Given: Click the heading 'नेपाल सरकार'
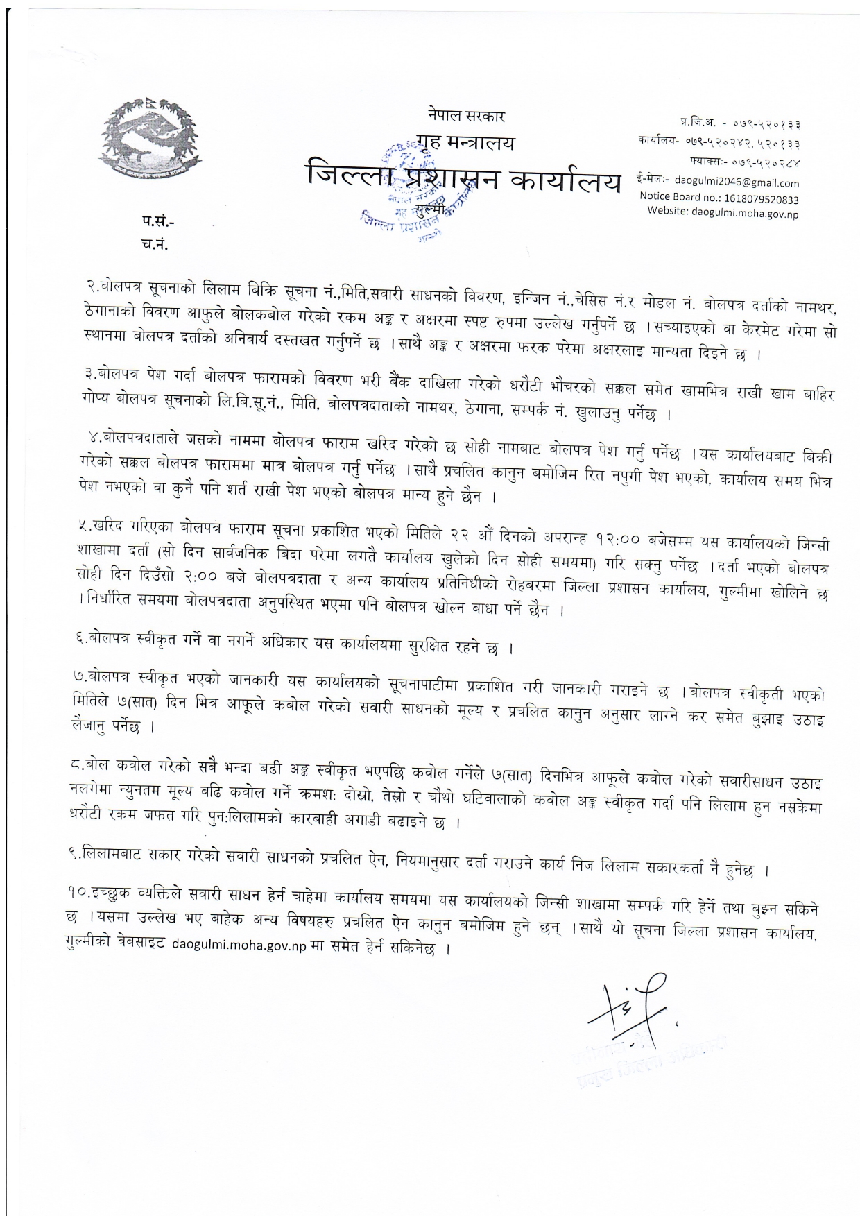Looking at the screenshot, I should pos(466,116).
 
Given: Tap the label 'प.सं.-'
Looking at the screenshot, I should pos(159,223).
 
